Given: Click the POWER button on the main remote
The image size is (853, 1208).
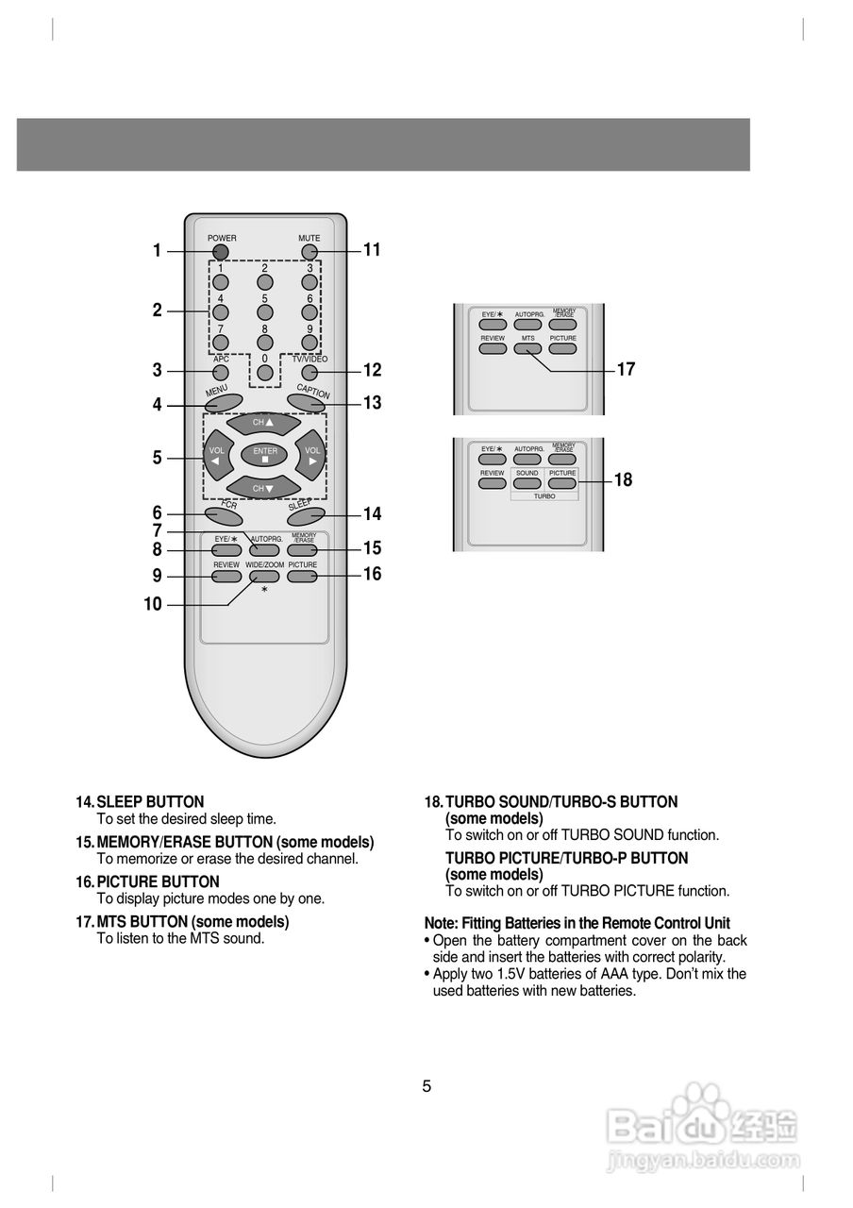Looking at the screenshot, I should click(220, 252).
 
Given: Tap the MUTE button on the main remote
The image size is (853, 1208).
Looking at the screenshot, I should click(309, 252).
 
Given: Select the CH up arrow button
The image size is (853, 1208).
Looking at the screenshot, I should click(264, 425).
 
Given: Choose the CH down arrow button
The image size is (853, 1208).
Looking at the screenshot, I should click(264, 487).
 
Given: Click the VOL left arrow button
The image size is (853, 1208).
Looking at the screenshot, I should click(216, 456).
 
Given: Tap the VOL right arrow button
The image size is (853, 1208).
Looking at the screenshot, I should click(312, 456).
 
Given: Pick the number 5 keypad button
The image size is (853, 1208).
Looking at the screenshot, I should click(265, 311).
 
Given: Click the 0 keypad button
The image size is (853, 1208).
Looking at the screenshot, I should click(265, 373).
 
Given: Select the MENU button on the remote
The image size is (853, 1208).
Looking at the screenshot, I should click(224, 402).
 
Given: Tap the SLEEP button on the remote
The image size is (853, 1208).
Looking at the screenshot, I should click(306, 515).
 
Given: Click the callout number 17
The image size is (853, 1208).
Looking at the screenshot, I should click(626, 370).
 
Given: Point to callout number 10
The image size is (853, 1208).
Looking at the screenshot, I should click(153, 605).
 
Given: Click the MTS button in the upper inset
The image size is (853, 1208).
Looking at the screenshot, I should click(527, 348).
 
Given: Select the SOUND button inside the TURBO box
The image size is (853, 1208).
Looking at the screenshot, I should click(527, 483).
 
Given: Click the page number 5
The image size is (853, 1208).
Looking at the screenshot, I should click(426, 1086).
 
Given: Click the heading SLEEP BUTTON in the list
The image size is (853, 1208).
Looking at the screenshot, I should click(150, 802).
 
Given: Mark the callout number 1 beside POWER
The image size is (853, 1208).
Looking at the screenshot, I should click(157, 251).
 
